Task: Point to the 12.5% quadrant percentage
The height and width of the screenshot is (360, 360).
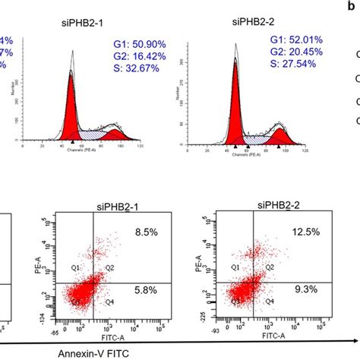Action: coord(295,230)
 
